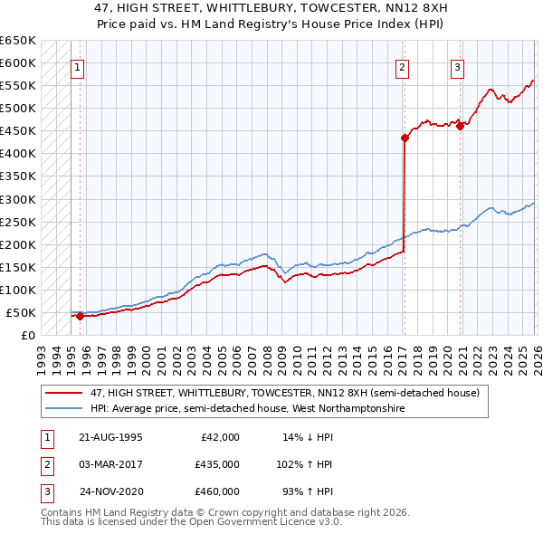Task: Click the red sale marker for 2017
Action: click(405, 138)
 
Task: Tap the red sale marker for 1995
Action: click(80, 316)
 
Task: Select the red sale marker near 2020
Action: click(460, 126)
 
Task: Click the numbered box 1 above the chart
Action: click(77, 66)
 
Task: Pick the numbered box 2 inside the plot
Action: click(402, 66)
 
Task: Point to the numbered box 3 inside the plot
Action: click(458, 66)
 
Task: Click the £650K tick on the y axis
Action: click(18, 41)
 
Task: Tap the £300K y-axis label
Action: click(18, 199)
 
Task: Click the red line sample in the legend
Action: click(64, 393)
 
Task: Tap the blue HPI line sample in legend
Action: click(64, 409)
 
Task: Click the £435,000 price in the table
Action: click(216, 463)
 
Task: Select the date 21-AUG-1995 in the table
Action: click(110, 436)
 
